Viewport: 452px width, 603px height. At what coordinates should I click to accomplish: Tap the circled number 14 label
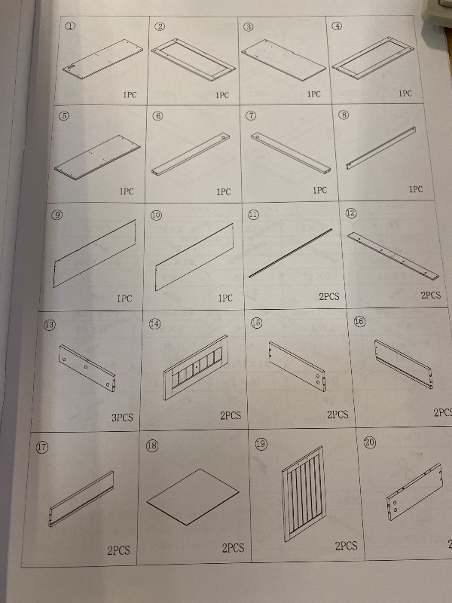[154, 324]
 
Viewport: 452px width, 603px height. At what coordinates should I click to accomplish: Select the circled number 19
[261, 444]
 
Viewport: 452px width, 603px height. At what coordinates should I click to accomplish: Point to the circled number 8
[344, 115]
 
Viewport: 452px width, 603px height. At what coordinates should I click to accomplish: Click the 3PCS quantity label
[122, 418]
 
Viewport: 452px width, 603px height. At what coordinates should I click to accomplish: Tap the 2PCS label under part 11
[329, 296]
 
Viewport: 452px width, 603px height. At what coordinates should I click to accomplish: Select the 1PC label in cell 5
[126, 191]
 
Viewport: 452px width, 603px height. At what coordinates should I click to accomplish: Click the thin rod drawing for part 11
[291, 253]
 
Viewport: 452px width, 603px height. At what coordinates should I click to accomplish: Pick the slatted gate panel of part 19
[304, 493]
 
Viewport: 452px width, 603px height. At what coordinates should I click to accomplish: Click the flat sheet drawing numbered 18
[193, 496]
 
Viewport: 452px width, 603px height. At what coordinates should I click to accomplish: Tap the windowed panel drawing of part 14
[195, 367]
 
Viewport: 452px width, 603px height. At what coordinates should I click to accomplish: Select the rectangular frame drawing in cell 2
[193, 60]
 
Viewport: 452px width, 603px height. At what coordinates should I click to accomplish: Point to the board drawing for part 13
[87, 368]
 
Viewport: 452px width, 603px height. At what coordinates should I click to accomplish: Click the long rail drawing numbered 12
[392, 256]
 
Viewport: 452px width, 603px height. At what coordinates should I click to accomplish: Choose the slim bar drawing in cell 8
[381, 148]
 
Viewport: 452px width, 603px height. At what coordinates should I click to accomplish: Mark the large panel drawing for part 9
[95, 253]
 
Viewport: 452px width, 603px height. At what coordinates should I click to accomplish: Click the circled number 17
[42, 447]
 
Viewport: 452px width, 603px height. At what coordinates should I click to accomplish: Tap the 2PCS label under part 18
[233, 548]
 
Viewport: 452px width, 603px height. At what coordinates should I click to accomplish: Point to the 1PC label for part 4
[405, 93]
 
